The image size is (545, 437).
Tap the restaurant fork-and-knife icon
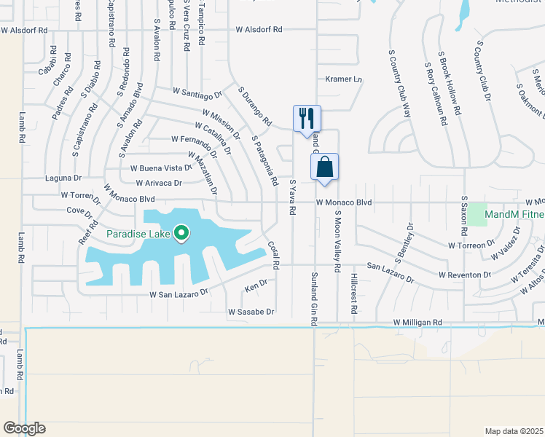coord(307,118)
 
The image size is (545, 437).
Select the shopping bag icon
coord(325,166)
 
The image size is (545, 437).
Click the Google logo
coord(25,428)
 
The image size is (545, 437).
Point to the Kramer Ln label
coord(343,79)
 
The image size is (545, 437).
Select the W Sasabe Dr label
coord(251,312)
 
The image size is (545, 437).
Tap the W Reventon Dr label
coord(465,275)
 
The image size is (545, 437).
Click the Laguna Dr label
coord(63,178)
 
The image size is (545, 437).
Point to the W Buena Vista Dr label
coord(160,168)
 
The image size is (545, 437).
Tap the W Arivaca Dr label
coord(157,183)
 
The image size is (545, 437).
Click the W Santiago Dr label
coord(197,94)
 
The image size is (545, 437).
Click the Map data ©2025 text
coord(514,431)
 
